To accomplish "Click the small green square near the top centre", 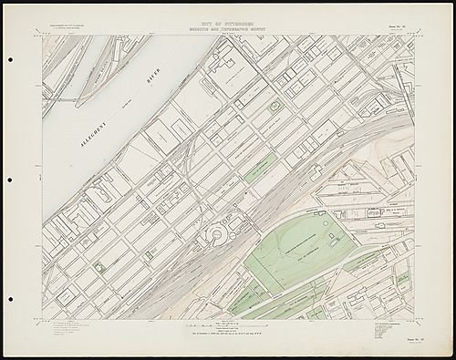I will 274,107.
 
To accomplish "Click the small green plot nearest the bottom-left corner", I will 99,266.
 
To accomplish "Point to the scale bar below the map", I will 227,326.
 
